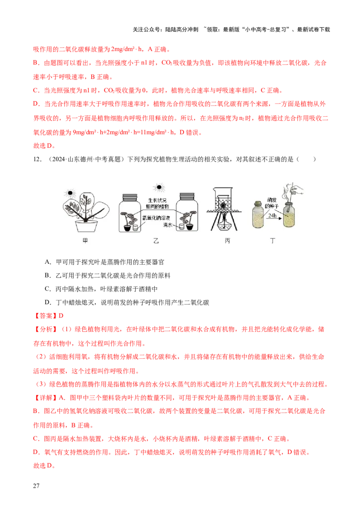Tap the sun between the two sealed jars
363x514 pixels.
click(158, 187)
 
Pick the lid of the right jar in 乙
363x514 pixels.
click(188, 196)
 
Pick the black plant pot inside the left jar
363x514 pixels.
click(127, 226)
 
